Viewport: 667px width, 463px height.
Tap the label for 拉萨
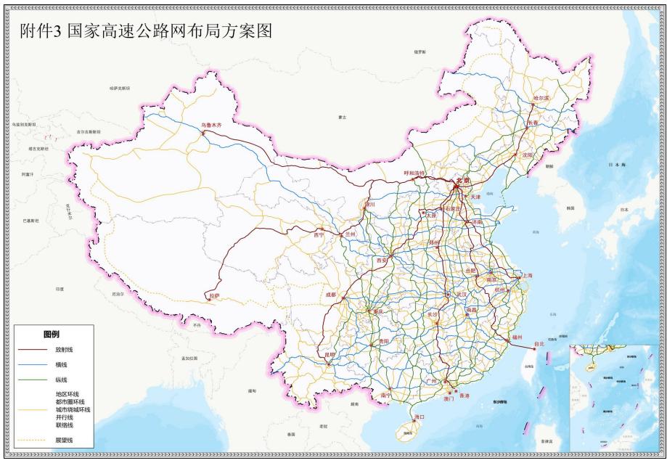point(214,296)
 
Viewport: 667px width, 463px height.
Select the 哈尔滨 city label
point(541,98)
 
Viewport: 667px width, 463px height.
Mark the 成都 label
point(331,295)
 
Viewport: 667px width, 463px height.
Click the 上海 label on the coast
point(526,275)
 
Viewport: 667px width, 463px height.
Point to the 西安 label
point(382,260)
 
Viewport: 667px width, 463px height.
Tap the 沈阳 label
point(526,155)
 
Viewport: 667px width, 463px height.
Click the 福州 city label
point(516,337)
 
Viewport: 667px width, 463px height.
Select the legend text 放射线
point(65,349)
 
